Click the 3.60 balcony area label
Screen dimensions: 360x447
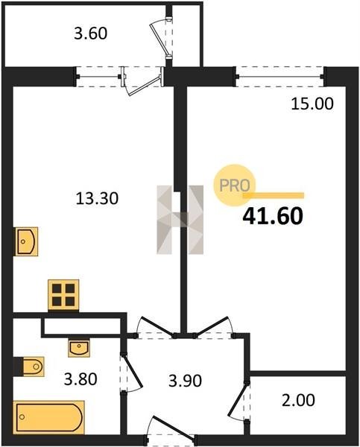[91, 34]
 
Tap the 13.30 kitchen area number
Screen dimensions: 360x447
[97, 198]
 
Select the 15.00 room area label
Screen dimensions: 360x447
[312, 104]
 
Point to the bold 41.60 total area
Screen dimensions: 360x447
[273, 216]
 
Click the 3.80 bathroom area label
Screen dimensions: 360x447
[80, 379]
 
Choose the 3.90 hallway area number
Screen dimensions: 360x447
[185, 381]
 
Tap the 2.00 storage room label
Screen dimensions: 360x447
[298, 400]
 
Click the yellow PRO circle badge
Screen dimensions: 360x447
[235, 186]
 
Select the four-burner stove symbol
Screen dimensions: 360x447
[63, 295]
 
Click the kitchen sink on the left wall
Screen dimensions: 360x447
[27, 241]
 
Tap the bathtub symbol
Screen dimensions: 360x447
[48, 417]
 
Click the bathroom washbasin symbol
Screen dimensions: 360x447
[79, 348]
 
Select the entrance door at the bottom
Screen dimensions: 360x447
[171, 431]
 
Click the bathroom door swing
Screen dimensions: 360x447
[130, 373]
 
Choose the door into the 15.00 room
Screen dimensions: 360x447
[213, 327]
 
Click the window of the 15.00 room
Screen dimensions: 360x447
[280, 77]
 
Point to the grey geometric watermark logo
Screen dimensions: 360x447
[180, 220]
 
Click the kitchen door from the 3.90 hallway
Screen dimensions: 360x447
[156, 327]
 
